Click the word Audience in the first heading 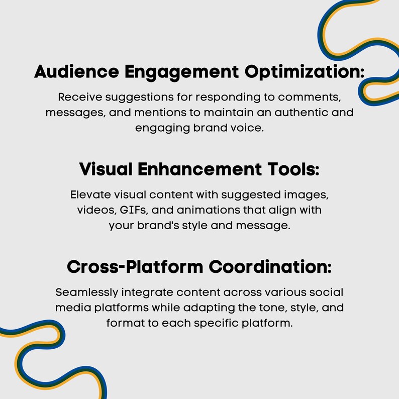(x=76, y=71)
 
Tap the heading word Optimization (x=305, y=72)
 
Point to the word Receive (x=80, y=97)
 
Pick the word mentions (x=160, y=113)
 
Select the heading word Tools (x=293, y=169)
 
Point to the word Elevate (x=90, y=194)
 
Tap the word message (x=263, y=226)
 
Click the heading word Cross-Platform (x=135, y=267)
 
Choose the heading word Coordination (x=270, y=267)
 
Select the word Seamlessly (x=87, y=293)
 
